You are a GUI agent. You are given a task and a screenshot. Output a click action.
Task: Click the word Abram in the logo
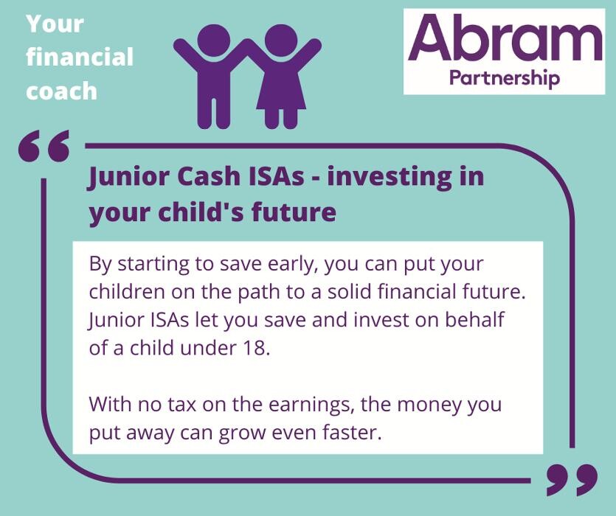pos(505,38)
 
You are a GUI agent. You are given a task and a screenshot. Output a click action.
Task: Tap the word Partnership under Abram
pos(505,78)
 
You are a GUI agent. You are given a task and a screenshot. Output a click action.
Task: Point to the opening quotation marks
pos(44,146)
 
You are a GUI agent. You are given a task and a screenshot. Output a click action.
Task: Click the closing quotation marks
pos(572,480)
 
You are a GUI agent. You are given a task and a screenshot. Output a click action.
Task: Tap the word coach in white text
pos(62,91)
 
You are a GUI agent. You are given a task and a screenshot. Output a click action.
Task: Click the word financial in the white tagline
pos(80,57)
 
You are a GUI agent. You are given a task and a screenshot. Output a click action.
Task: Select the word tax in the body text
pos(182,405)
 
